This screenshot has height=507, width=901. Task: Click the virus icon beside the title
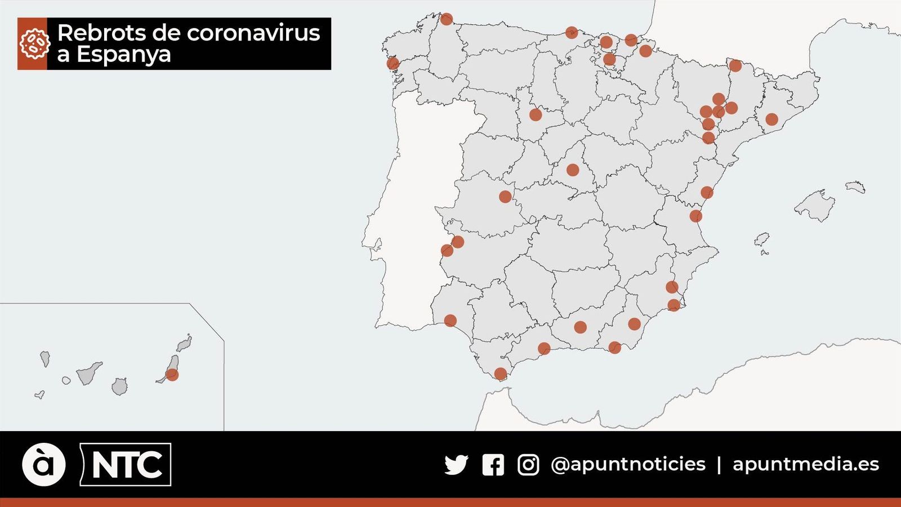coord(33,44)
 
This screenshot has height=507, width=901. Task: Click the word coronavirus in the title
coord(253,33)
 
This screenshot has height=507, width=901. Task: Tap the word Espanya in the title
coord(123,55)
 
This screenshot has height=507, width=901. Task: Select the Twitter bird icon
coord(456,465)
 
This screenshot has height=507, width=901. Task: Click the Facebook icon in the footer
coord(493,465)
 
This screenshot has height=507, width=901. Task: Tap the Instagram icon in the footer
coord(528,465)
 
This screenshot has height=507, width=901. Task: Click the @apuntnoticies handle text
coord(628,464)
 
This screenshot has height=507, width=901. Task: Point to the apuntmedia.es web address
coord(805,464)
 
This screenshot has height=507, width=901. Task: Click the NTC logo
coord(126,465)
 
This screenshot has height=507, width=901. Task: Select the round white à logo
coord(43,465)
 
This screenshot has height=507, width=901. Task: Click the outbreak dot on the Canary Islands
coord(172,375)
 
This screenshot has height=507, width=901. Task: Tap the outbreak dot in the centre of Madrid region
coord(573,170)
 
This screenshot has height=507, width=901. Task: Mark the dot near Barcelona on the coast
coord(771,119)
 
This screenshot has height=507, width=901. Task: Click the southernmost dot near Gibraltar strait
coord(500,373)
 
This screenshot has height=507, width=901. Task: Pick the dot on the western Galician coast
coord(392,63)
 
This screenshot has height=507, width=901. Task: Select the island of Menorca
coord(855,186)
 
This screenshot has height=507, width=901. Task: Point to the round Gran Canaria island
coord(119,386)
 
